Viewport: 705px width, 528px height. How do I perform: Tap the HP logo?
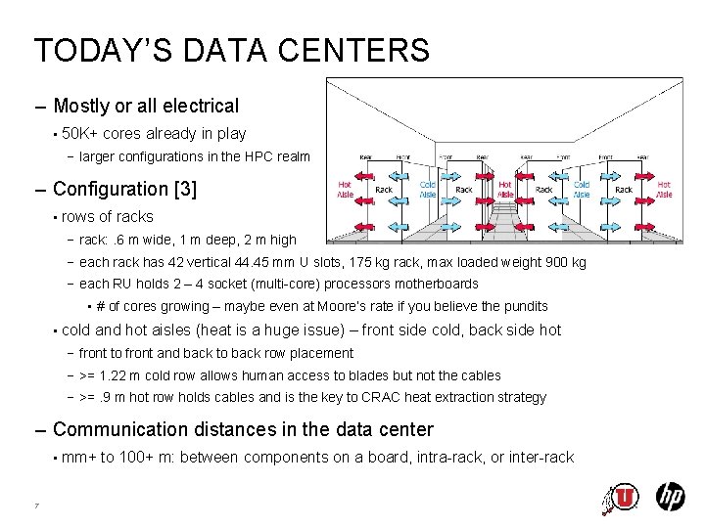pyautogui.click(x=670, y=497)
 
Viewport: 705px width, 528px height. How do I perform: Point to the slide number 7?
pyautogui.click(x=36, y=506)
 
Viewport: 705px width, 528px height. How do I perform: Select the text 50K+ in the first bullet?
pyautogui.click(x=79, y=134)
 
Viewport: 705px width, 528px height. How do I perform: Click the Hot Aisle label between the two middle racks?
pyautogui.click(x=505, y=189)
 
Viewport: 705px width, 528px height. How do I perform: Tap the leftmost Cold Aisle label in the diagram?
pyautogui.click(x=428, y=189)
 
